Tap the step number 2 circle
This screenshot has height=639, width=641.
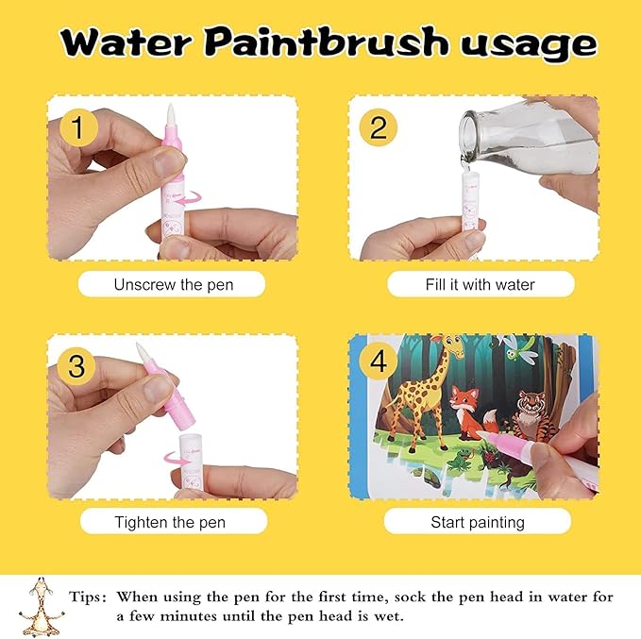(x=378, y=127)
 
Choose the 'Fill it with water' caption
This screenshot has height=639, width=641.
(x=480, y=284)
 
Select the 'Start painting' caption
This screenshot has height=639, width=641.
(x=478, y=522)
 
